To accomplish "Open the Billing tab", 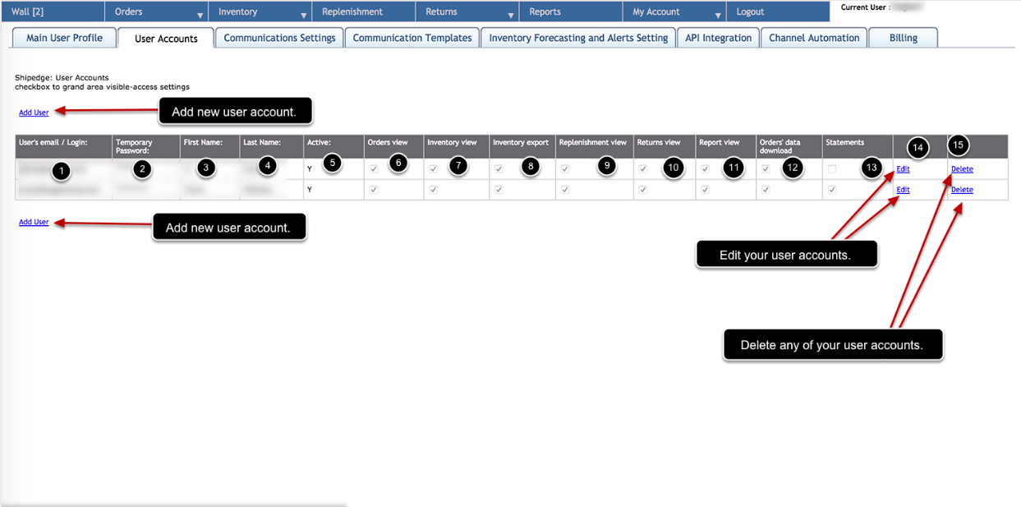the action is (x=903, y=38).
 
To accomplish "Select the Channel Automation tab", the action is (x=813, y=38).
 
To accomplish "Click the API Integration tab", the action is (x=718, y=38).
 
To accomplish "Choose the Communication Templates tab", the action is (x=412, y=38).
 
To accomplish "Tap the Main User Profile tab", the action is (x=64, y=38).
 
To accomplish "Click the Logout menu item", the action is (x=750, y=12).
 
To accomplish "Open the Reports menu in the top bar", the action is (x=545, y=12).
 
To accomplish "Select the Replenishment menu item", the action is (x=352, y=12).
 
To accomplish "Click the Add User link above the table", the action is (x=34, y=113).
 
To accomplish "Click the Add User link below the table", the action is (x=34, y=222).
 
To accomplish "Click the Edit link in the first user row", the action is (x=903, y=169).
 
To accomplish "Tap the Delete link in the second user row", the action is (x=962, y=190).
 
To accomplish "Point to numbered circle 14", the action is (x=918, y=148).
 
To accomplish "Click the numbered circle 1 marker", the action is (x=60, y=171).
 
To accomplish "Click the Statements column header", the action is (x=844, y=143).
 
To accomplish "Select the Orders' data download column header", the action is (x=780, y=146).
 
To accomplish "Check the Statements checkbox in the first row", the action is (x=833, y=169).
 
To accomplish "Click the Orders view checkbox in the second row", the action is (x=374, y=190).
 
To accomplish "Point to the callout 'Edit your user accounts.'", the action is (x=784, y=255).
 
